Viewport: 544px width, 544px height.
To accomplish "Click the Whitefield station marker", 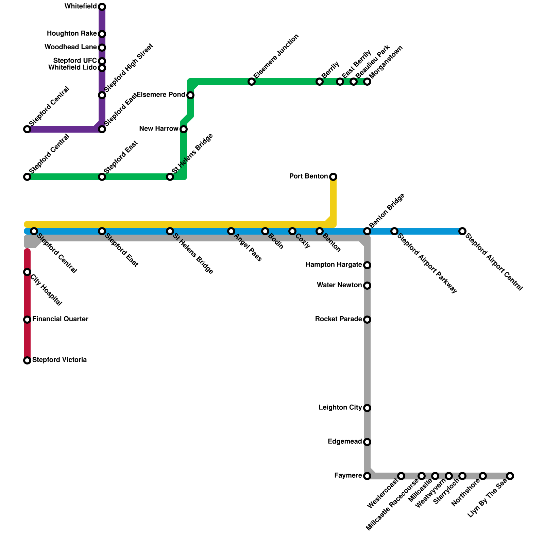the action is point(102,7).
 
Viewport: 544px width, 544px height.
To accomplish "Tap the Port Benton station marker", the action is point(333,177).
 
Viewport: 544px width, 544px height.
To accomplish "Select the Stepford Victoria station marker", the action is point(27,360).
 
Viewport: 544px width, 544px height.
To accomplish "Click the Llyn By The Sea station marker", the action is point(510,476).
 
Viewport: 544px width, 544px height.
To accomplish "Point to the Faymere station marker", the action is point(367,476).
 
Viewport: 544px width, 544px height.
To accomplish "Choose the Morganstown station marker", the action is point(367,82).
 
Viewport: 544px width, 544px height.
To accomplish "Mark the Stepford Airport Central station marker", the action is point(462,231).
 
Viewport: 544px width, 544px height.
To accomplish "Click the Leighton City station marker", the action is point(367,408).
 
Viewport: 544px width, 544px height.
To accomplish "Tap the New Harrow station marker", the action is point(184,129).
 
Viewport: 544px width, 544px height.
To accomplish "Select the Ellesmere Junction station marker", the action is point(252,82).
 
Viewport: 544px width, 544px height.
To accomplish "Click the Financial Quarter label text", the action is point(60,319).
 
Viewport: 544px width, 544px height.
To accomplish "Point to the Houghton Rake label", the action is point(72,34).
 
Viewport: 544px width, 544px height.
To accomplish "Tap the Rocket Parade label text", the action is point(338,319).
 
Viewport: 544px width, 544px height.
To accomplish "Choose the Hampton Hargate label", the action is point(334,265).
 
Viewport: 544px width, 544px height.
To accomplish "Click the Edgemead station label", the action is point(345,442).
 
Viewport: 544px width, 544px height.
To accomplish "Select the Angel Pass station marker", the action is point(231,231).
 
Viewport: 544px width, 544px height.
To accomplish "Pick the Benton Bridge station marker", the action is point(367,231).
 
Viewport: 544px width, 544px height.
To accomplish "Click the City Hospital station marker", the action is point(27,272).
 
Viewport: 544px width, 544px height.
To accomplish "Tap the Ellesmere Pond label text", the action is point(160,95).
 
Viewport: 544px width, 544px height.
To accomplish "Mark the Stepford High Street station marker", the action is point(102,95).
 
